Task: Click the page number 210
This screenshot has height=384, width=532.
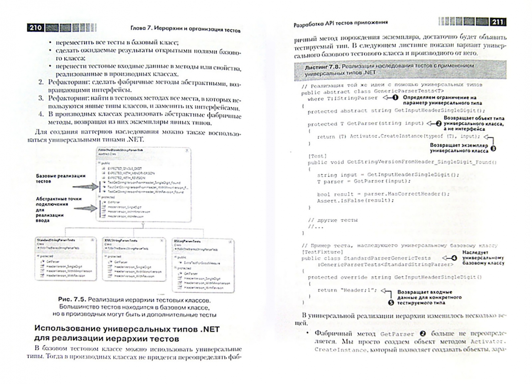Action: point(36,28)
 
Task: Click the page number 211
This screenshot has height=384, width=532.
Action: point(497,22)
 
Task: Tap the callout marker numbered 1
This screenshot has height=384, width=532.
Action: point(395,97)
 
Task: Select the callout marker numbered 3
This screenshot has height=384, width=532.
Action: point(493,149)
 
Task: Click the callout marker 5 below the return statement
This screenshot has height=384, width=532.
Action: point(391,303)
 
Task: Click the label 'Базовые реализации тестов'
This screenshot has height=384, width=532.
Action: point(60,178)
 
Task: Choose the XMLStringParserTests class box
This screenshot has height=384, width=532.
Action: point(134,259)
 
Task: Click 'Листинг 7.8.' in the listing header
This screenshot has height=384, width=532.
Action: point(322,66)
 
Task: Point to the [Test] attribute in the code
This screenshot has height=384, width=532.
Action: point(317,156)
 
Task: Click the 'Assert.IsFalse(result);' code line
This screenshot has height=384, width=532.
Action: point(351,201)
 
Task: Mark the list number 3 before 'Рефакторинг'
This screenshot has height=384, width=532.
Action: point(41,98)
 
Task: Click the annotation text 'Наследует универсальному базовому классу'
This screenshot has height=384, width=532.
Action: point(483,258)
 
